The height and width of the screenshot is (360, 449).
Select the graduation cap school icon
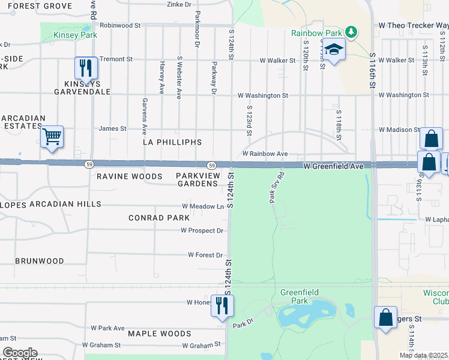335,50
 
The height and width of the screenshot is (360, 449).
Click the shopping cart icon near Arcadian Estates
52,137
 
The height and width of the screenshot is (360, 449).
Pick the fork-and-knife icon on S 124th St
222,306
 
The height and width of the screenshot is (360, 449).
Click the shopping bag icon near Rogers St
385,317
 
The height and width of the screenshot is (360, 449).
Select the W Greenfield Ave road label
333,166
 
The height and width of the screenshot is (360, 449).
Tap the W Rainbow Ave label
265,154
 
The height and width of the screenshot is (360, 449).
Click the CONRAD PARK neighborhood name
159,218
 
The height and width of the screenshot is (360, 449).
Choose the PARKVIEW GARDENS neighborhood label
196,179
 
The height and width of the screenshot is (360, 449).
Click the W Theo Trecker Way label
412,26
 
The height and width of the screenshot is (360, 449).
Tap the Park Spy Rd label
276,188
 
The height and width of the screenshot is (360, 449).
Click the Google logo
20,353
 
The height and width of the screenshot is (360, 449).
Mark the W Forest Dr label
205,255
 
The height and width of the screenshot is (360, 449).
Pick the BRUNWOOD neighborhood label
39,261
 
